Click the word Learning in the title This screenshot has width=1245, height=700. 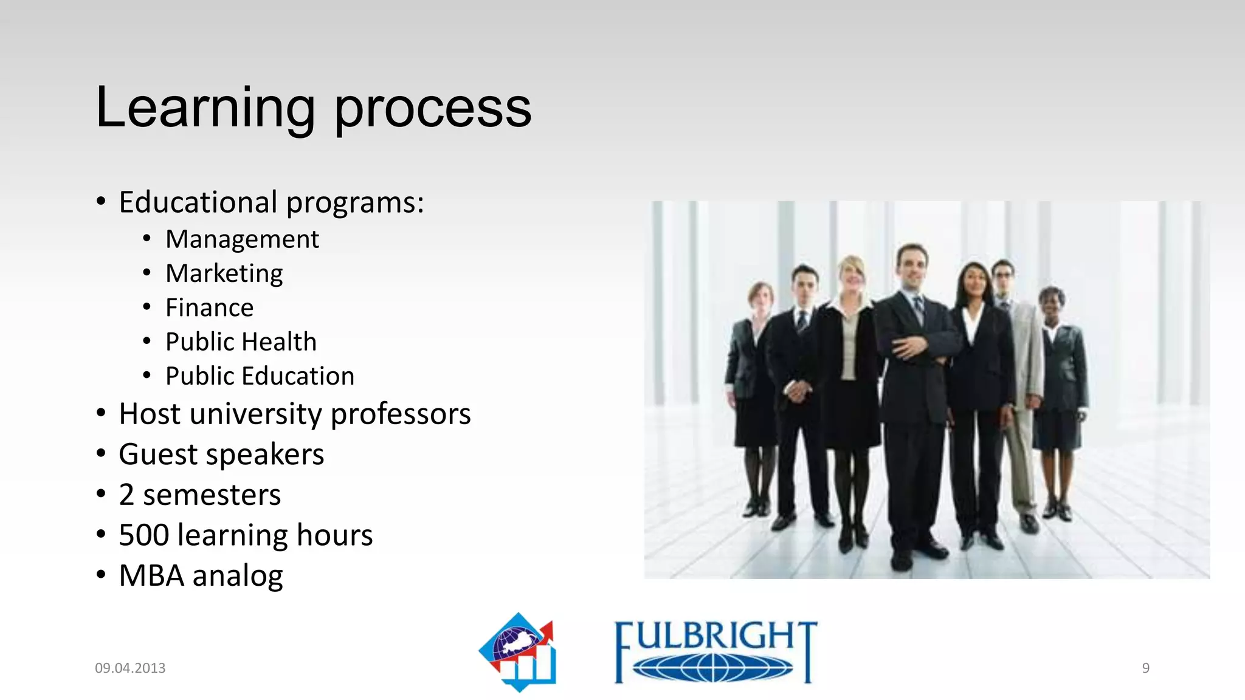(x=205, y=108)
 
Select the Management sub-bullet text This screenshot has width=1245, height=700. (x=242, y=239)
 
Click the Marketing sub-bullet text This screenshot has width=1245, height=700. (x=224, y=273)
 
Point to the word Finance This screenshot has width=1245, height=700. (x=209, y=307)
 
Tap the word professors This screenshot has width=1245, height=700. (x=401, y=414)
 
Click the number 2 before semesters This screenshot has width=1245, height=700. (x=126, y=495)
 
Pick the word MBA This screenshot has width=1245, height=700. (x=151, y=575)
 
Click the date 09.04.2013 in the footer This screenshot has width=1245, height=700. (x=130, y=668)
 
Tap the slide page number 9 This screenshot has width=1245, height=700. (x=1145, y=668)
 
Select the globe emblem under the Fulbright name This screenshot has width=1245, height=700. (x=712, y=668)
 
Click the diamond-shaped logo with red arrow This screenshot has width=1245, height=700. (x=519, y=652)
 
